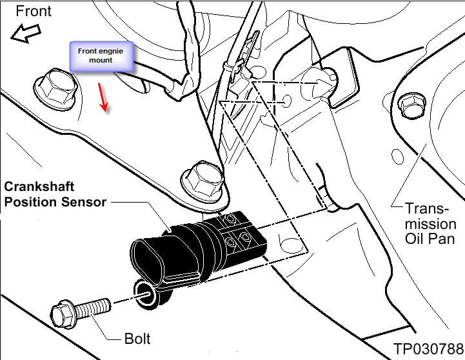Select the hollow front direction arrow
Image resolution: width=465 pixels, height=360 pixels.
point(24,34)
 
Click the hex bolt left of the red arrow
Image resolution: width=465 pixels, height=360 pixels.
point(53,86)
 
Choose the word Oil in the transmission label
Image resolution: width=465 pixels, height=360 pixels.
point(415,239)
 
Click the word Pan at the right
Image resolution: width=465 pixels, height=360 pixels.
point(444,239)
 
